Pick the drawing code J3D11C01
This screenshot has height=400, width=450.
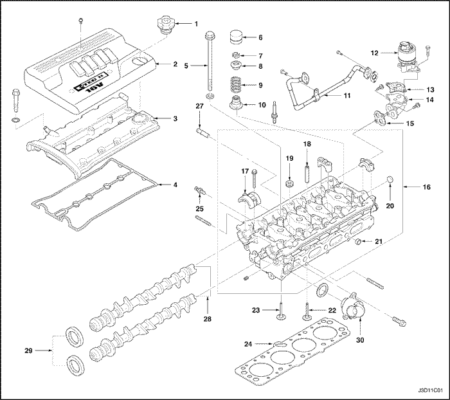[x=430, y=390]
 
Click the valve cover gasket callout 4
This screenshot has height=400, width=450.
[x=175, y=185]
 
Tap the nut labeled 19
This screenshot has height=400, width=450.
[x=290, y=174]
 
